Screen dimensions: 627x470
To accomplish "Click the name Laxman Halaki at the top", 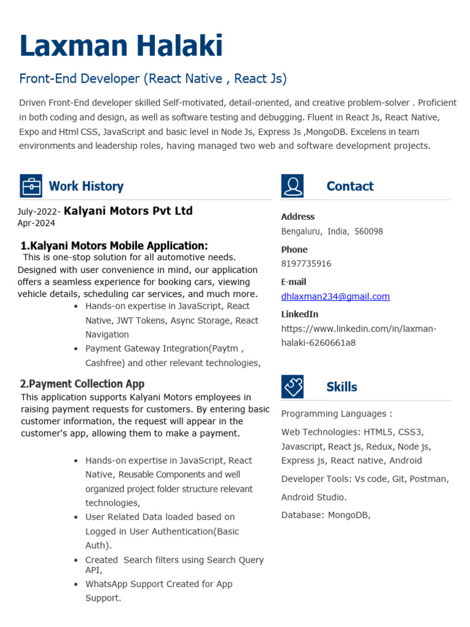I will (x=121, y=47).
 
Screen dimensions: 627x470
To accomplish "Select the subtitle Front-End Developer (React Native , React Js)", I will (x=153, y=79).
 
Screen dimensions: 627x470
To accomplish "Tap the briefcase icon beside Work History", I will (x=31, y=186).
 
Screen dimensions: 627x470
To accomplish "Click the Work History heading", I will (x=86, y=186).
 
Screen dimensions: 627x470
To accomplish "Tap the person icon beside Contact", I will (x=292, y=186).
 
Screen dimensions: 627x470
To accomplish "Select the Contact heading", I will (x=349, y=186).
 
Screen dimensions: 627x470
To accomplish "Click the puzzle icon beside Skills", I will (x=292, y=386).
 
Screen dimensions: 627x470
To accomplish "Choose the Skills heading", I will (x=341, y=387).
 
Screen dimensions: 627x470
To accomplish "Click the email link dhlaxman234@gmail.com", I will (x=335, y=296).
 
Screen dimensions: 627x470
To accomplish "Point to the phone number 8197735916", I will (x=306, y=264).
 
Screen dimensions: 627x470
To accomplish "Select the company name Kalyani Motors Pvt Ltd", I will (x=128, y=211).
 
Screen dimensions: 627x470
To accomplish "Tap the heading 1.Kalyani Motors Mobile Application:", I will (x=114, y=246).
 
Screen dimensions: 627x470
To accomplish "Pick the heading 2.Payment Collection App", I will (x=82, y=384).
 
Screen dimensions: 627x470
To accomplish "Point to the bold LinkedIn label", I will (x=299, y=314).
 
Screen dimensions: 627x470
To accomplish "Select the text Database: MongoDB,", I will (x=326, y=515).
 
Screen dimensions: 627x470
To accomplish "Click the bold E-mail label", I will (x=293, y=282).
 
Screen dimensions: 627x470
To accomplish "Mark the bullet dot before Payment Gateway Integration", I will (x=75, y=349).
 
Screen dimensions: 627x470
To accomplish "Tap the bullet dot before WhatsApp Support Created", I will (x=75, y=585).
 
